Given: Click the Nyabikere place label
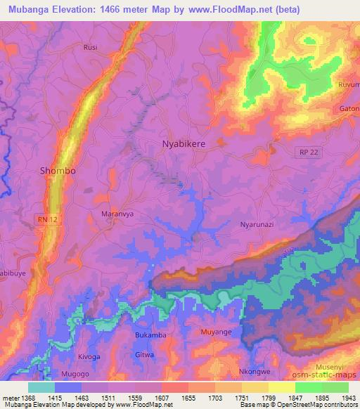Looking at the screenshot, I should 184,143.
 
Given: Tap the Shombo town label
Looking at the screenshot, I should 58,171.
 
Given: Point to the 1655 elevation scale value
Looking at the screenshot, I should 188,398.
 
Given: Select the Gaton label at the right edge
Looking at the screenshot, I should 349,110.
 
